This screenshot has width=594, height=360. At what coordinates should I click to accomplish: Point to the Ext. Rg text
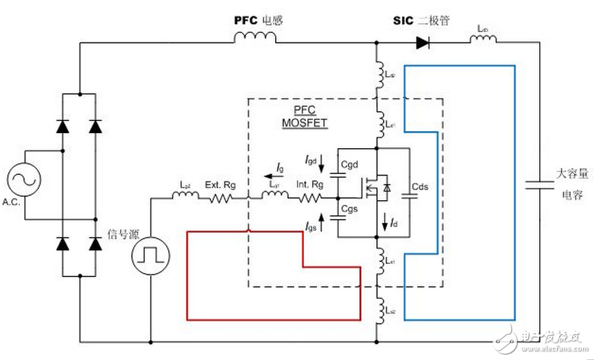click(218, 184)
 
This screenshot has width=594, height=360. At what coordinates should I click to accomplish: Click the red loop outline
click(187, 274)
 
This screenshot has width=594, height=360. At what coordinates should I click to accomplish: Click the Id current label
click(394, 224)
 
